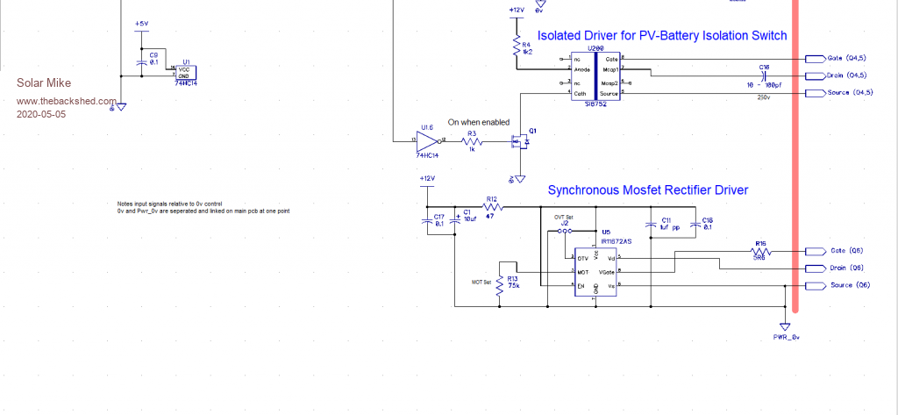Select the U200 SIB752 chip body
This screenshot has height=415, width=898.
pyautogui.click(x=596, y=76)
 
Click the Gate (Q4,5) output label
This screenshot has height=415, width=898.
pyautogui.click(x=846, y=59)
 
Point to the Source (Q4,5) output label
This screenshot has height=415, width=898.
pyautogui.click(x=849, y=92)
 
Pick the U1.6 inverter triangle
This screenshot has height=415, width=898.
pyautogui.click(x=429, y=139)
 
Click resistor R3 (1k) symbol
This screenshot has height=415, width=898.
pyautogui.click(x=471, y=140)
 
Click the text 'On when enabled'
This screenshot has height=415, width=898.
pyautogui.click(x=478, y=122)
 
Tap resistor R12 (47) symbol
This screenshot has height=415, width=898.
pyautogui.click(x=493, y=209)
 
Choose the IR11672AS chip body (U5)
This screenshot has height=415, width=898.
pyautogui.click(x=596, y=271)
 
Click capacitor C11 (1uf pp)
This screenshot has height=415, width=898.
pyautogui.click(x=650, y=225)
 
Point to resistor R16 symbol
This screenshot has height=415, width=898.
pyautogui.click(x=760, y=250)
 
